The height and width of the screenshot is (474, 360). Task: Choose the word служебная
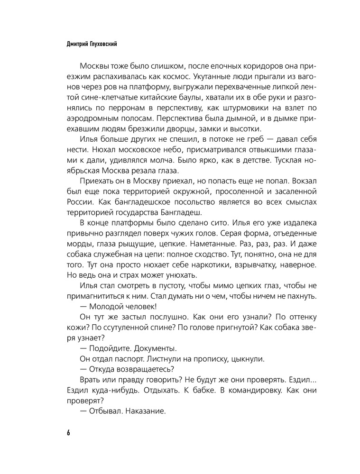pyautogui.click(x=111, y=256)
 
